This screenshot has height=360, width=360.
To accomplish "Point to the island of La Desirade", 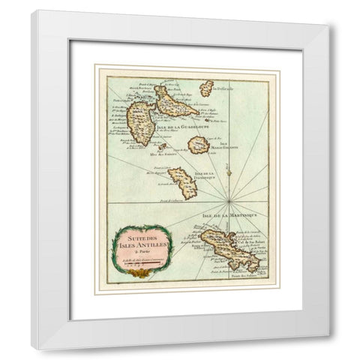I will (x=207, y=88).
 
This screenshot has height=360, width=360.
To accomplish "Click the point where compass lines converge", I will (x=228, y=201).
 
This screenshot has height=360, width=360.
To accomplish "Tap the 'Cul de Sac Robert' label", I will (x=251, y=244).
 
